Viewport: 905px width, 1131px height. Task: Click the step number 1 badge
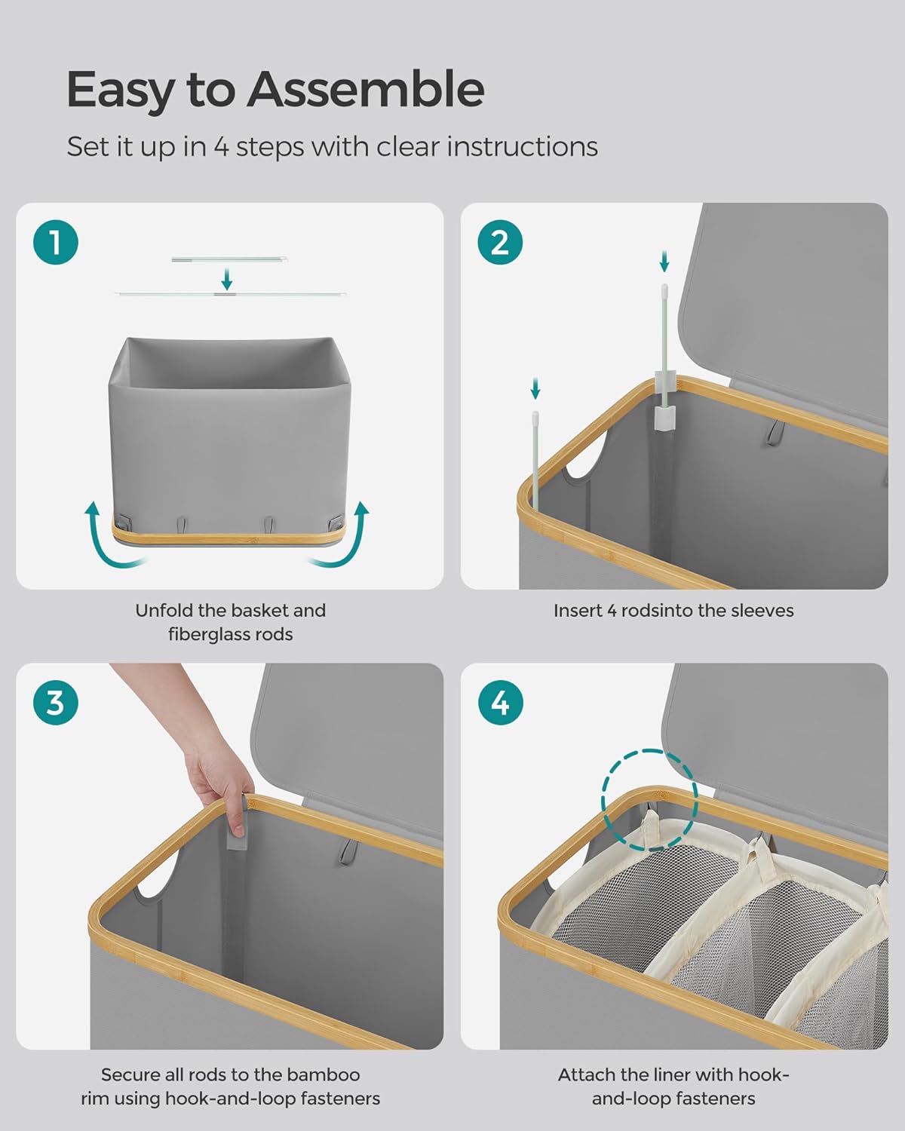pos(55,242)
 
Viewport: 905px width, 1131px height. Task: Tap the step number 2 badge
pos(500,242)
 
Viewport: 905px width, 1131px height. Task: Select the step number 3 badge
pos(55,703)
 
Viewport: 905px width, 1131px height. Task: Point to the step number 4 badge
pos(500,703)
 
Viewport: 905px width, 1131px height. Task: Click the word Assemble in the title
pos(366,89)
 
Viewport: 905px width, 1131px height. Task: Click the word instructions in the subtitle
pos(522,146)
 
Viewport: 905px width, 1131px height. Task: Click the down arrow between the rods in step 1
pos(227,279)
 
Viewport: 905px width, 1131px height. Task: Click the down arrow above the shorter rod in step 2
pos(535,388)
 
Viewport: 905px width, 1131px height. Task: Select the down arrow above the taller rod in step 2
pos(664,261)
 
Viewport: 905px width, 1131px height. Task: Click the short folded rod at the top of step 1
pos(229,259)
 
